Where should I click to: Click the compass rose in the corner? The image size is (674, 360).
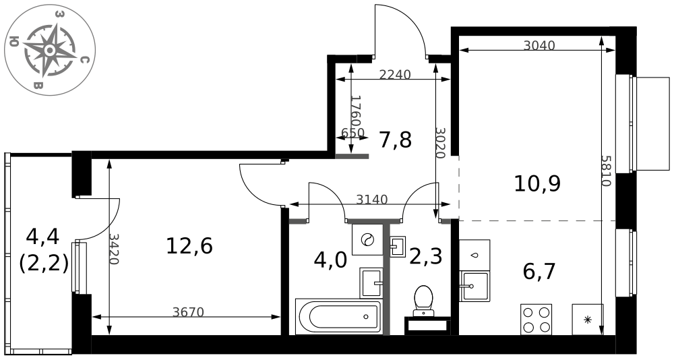49,51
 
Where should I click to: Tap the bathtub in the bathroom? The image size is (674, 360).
338,317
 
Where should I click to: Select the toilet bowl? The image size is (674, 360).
423,300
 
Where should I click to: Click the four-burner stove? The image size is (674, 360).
536,319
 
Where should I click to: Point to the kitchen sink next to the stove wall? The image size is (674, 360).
474,286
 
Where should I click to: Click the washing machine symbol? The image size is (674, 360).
367,239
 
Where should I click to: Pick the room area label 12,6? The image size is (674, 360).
189,247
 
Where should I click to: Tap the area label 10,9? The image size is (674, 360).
537,183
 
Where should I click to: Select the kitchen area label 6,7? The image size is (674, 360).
539,272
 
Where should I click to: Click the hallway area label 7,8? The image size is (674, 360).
396,140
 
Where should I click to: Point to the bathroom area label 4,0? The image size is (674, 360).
330,260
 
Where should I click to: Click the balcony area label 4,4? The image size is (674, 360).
43,236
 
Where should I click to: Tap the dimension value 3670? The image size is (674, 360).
188,312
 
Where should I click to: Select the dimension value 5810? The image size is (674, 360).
606,171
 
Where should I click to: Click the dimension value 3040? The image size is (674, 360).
539,45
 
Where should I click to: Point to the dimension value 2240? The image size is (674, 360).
395,75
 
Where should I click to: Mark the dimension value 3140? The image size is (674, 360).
372,200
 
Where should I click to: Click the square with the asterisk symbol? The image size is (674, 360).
588,320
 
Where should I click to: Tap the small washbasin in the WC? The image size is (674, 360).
398,247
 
